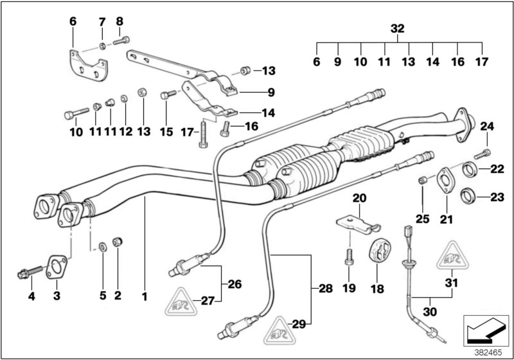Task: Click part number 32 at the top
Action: pos(398,29)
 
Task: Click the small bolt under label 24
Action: pos(484,153)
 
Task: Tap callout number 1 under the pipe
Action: pos(145,296)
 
